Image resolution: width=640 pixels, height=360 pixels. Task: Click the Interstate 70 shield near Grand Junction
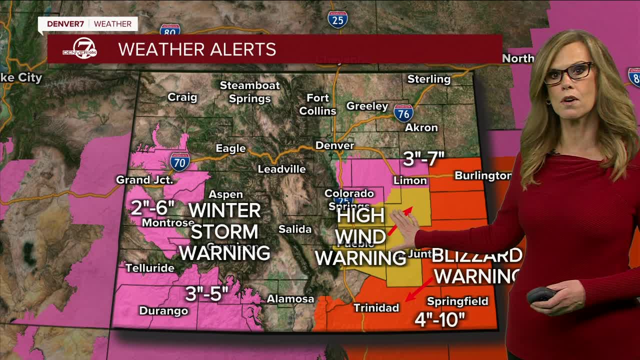click(x=179, y=161)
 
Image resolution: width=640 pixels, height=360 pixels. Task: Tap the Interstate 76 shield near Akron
click(x=403, y=113)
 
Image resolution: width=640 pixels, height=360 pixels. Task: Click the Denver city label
click(x=334, y=145)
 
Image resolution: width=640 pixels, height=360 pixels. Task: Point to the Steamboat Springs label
click(x=250, y=91)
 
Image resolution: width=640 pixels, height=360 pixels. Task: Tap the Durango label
click(x=163, y=310)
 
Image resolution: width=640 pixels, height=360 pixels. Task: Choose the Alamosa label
click(x=290, y=299)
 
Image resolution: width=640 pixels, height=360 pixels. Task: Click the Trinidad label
click(x=376, y=307)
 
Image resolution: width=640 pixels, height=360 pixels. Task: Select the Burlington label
click(x=482, y=175)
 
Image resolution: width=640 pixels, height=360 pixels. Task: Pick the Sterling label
click(x=428, y=79)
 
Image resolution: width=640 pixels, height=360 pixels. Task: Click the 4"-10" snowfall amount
click(x=439, y=319)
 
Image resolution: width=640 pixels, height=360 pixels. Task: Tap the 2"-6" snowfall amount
click(x=152, y=207)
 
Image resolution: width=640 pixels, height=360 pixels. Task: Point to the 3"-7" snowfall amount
click(x=423, y=159)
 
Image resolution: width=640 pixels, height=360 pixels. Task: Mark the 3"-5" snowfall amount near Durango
click(x=206, y=294)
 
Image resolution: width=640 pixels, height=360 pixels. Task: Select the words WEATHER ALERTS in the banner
click(x=197, y=49)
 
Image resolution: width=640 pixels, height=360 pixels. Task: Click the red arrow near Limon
click(x=401, y=220)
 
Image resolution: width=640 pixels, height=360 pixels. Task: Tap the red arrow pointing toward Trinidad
click(x=418, y=290)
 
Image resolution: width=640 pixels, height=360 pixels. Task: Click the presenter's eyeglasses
click(x=568, y=72)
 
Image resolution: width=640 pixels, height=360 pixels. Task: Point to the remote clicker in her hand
click(x=541, y=295)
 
